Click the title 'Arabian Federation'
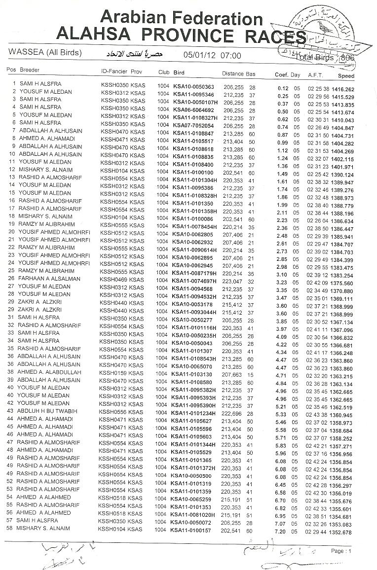(x=181, y=18)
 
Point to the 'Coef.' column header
(x=281, y=75)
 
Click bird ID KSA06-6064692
(x=193, y=110)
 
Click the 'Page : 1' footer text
(x=341, y=551)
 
